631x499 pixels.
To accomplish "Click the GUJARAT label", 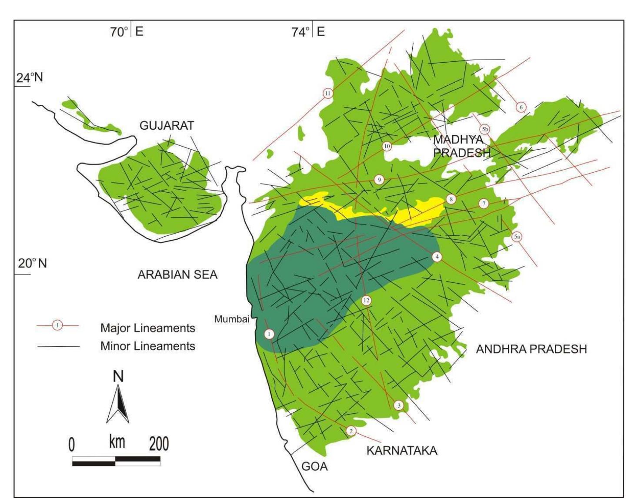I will click(167, 126).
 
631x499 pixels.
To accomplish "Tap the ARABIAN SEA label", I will click(177, 275).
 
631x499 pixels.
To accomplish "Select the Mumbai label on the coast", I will click(232, 319).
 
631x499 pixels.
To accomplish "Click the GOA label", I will click(314, 467).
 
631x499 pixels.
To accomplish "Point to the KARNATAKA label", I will click(402, 450).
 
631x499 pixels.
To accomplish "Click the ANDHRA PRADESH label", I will click(531, 349).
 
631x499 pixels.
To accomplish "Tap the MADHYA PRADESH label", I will click(462, 146).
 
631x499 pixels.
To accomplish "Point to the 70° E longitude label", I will click(126, 32).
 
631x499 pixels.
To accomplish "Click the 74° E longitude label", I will click(308, 32).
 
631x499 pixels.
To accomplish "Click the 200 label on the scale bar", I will click(159, 445).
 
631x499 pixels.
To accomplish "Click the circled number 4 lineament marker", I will click(437, 257).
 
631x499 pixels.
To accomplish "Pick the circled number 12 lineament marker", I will click(366, 300).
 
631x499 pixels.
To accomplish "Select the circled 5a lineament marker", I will click(516, 237).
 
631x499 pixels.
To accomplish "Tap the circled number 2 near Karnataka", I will click(351, 431).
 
